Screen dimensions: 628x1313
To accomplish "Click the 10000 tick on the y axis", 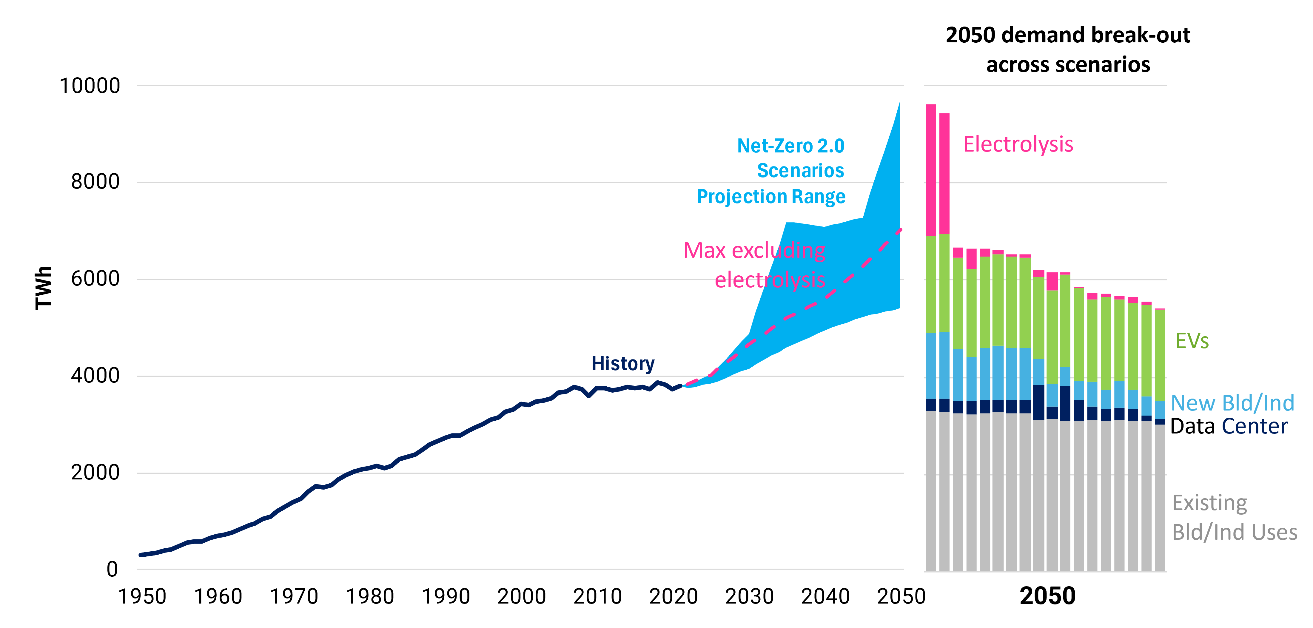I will coord(90,86).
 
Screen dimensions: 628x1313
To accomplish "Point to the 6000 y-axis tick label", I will coord(95,279).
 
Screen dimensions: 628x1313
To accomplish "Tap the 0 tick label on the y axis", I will coord(112,569).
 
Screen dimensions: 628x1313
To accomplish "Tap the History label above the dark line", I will coord(622,363).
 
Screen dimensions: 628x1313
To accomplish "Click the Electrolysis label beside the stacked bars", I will coord(1018,144).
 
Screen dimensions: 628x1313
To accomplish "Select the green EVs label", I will coord(1192,340).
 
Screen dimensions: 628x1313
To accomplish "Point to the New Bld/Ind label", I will coord(1232,403).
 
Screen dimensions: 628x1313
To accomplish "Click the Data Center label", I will coord(1228,426).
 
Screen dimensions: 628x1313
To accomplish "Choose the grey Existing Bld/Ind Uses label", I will coord(1234,517).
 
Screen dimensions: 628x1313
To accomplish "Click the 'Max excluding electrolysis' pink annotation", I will coord(754,265).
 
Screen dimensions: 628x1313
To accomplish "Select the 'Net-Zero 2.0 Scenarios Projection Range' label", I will coord(771,171).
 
